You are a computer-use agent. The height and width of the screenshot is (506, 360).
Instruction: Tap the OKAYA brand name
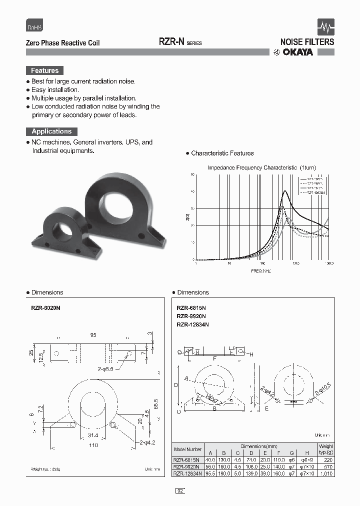click(299, 52)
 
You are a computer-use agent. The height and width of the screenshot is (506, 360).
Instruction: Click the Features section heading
click(45, 70)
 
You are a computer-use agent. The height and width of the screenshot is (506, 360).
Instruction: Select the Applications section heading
click(51, 131)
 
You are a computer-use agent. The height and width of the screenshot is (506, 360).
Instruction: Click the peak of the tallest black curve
click(285, 191)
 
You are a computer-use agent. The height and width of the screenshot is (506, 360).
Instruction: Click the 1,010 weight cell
click(325, 472)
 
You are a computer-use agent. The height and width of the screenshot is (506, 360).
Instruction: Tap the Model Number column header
click(187, 449)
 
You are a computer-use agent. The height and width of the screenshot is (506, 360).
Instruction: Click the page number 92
click(180, 491)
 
